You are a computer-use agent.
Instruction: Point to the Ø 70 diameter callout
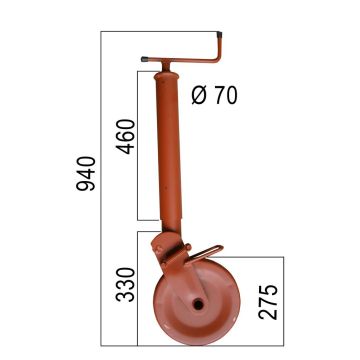coord(212,96)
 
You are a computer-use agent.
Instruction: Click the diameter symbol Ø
coord(197,96)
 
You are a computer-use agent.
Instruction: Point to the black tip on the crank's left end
coord(144,60)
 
